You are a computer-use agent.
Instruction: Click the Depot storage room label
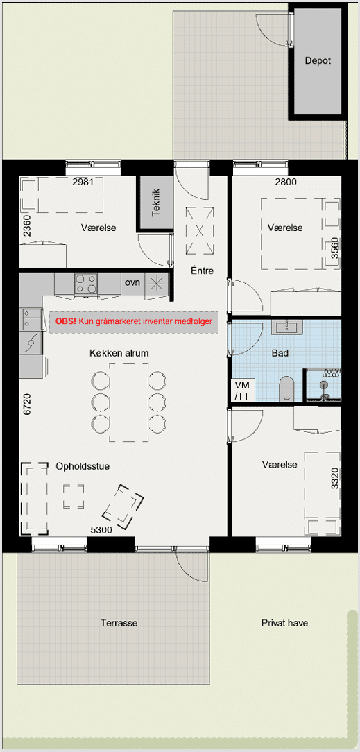click(x=318, y=61)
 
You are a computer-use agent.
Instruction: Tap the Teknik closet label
click(x=155, y=203)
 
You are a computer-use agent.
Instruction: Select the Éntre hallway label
click(x=201, y=271)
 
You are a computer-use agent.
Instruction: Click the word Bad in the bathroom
click(x=280, y=354)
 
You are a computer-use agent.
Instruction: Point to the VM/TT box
click(x=243, y=390)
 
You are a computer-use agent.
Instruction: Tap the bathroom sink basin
click(x=287, y=328)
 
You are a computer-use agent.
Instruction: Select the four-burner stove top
click(x=86, y=284)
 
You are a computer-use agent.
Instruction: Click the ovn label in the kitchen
click(x=132, y=282)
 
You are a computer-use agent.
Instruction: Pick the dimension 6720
click(x=27, y=405)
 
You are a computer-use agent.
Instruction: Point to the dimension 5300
click(x=101, y=529)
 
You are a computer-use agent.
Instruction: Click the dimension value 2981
click(x=82, y=182)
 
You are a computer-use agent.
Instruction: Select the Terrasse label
click(x=119, y=623)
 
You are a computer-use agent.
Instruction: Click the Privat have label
click(x=285, y=623)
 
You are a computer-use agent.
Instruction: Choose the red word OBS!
click(x=66, y=321)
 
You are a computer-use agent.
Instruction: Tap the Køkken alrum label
click(x=119, y=353)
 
